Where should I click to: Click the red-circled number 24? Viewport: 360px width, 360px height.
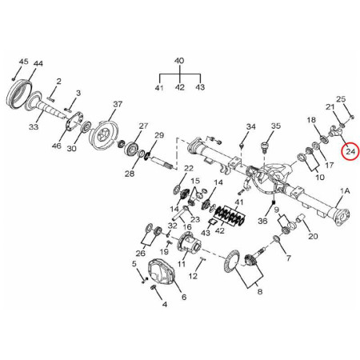click(350, 151)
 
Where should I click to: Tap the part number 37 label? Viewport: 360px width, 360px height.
click(118, 104)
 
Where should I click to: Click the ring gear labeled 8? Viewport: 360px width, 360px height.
click(233, 259)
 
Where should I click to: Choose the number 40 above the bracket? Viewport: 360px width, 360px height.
click(179, 61)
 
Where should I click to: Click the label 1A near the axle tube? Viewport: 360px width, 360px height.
click(345, 191)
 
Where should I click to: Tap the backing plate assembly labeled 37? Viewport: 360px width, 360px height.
click(103, 133)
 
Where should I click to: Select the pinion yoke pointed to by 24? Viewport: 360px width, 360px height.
click(335, 131)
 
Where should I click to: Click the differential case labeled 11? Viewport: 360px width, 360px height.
click(190, 243)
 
